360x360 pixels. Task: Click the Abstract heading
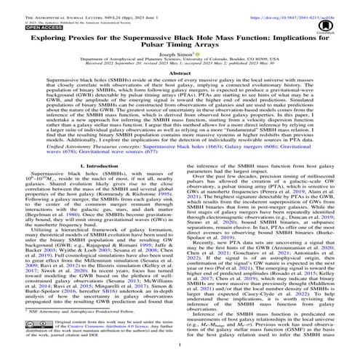[x=180, y=74]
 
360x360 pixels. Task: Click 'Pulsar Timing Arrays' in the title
[x=180, y=47]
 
